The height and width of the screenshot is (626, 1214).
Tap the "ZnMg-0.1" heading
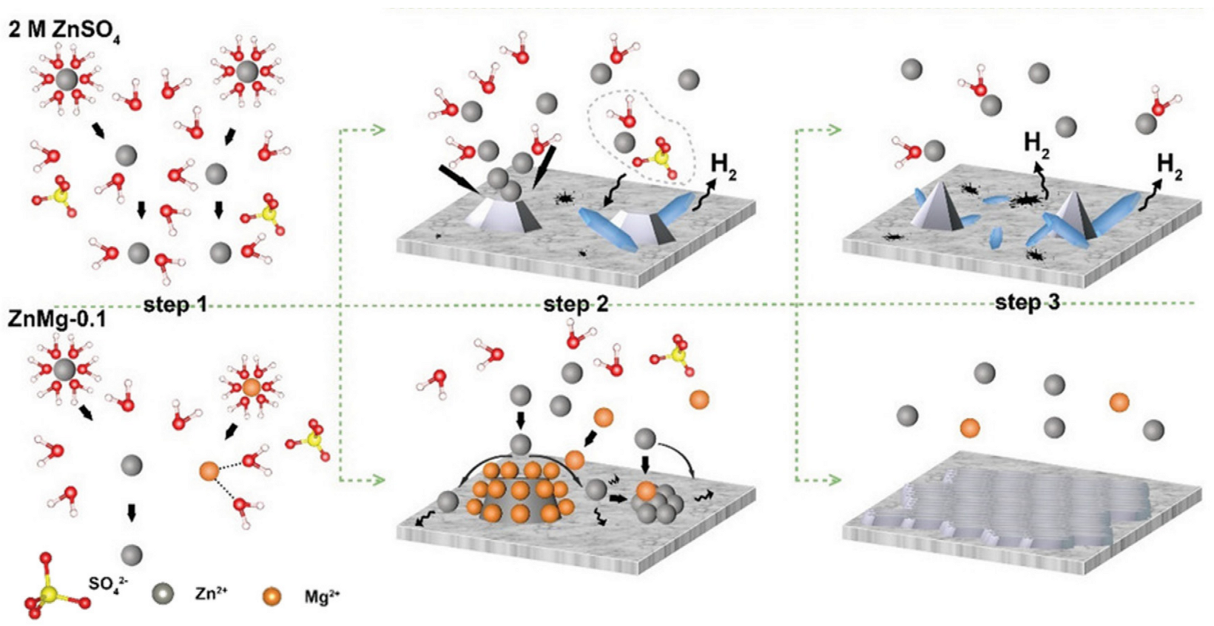(56, 318)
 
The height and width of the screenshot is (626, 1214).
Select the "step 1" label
(175, 305)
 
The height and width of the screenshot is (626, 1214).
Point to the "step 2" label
(575, 304)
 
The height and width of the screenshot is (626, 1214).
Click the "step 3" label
(1027, 302)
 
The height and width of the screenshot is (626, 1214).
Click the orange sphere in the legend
(272, 596)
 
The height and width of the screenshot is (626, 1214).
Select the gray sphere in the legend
(163, 594)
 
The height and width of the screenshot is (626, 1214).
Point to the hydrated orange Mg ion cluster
(251, 387)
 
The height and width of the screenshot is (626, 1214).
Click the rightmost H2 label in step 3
(1170, 168)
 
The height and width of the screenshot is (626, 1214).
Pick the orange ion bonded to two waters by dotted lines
(209, 471)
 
